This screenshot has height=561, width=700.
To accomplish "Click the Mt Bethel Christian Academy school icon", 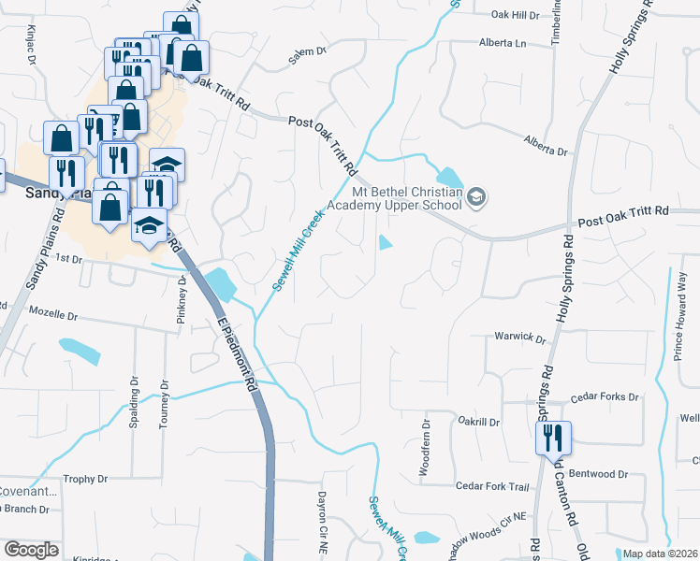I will pyautogui.click(x=476, y=197).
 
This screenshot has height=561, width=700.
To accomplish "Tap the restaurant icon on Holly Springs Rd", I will pyautogui.click(x=553, y=436).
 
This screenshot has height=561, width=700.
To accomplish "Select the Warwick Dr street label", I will pyautogui.click(x=519, y=337).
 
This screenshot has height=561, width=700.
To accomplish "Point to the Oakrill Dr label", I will pyautogui.click(x=479, y=422).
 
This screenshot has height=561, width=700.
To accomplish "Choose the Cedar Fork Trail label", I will pyautogui.click(x=492, y=486).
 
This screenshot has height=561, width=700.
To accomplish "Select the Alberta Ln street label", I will pyautogui.click(x=503, y=43).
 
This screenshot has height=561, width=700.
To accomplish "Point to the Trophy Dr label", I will pyautogui.click(x=85, y=479).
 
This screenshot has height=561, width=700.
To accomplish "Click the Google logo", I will pyautogui.click(x=31, y=550).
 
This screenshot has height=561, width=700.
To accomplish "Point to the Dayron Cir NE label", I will pyautogui.click(x=322, y=510).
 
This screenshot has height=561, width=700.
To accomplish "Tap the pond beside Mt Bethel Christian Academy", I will pyautogui.click(x=449, y=177).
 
